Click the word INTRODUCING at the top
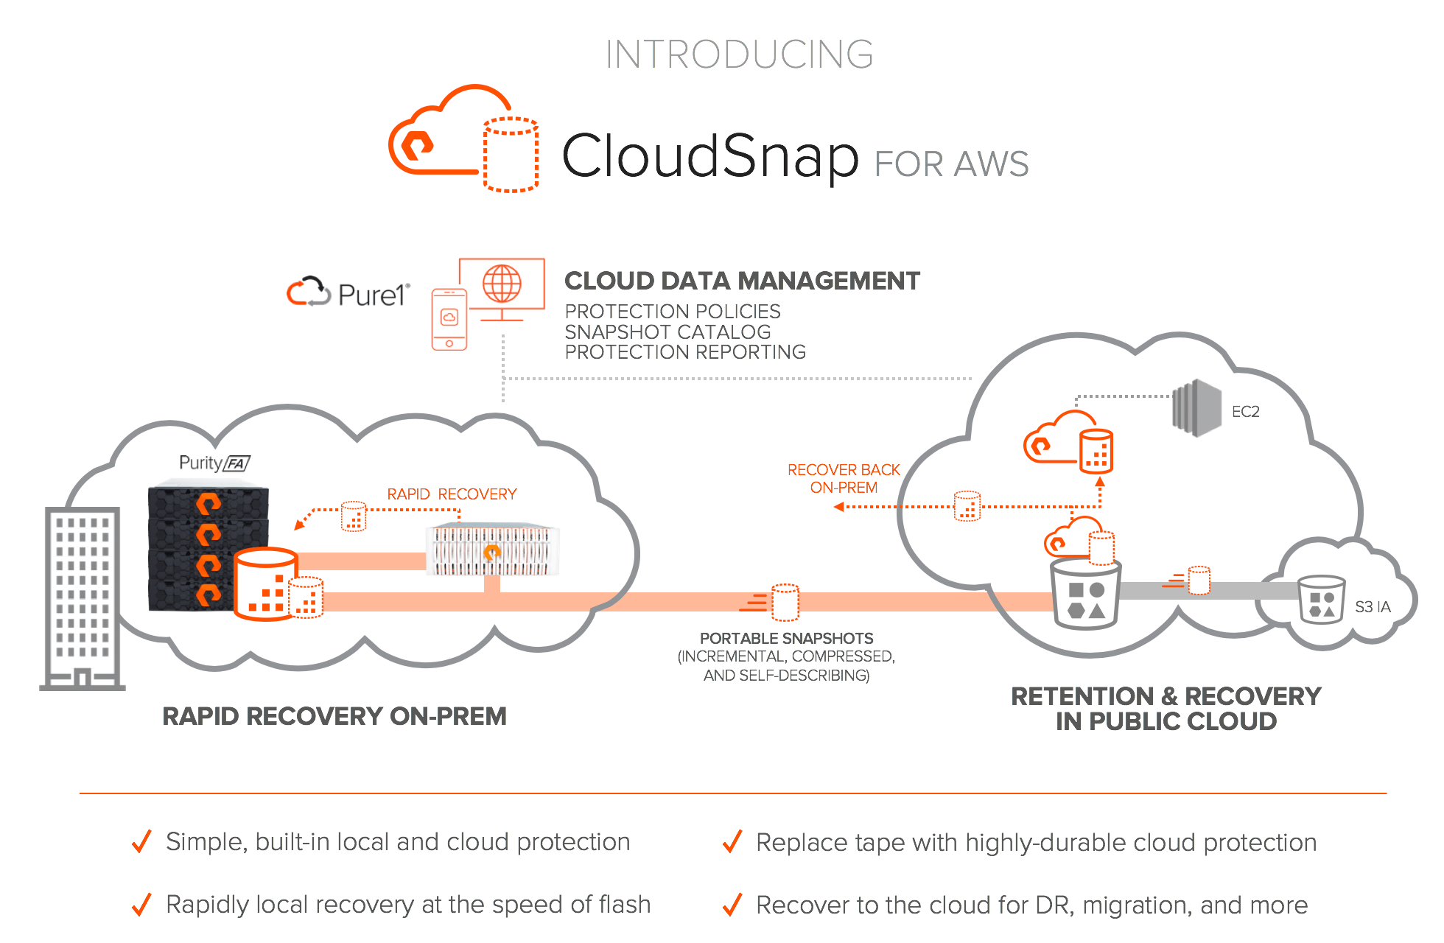pos(739,55)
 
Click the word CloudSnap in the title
pos(710,155)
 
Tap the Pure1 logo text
pos(372,295)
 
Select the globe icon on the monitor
pos(502,284)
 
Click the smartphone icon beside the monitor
pos(449,319)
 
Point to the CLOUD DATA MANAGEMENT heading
pos(742,281)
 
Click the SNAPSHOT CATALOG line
pos(667,332)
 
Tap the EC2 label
pos(1245,412)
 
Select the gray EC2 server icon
pos(1196,408)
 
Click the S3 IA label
pos(1373,607)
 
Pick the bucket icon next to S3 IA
pos(1322,600)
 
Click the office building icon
pos(82,598)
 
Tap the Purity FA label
pos(214,463)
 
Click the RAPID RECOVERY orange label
pos(452,494)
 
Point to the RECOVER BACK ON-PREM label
pos(844,479)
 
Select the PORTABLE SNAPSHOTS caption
pos(786,639)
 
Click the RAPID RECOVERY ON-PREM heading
pos(334,716)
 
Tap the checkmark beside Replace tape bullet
pos(732,841)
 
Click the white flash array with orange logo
pos(492,550)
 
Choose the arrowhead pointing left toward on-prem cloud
pos(838,507)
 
